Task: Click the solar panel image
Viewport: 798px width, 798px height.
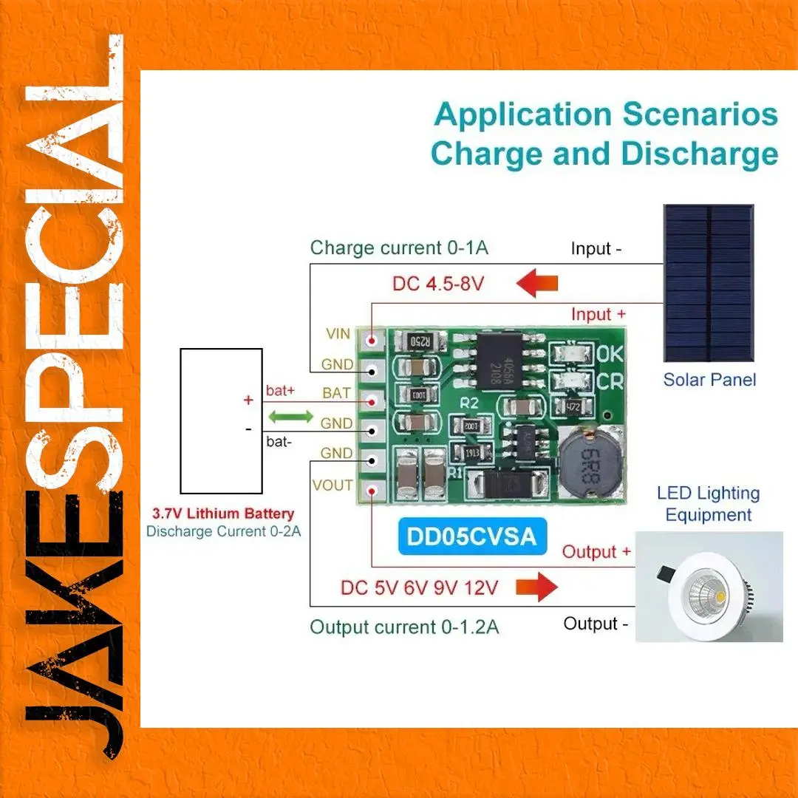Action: coord(708,283)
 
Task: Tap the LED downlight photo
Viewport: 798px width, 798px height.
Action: coord(709,587)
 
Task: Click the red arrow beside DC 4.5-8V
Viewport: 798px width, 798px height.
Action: coord(536,283)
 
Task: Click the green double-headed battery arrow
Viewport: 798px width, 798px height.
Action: coord(290,417)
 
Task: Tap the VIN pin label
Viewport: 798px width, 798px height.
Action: coord(338,334)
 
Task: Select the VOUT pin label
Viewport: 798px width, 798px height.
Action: coord(332,485)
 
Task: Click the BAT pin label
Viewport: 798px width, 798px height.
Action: coord(336,393)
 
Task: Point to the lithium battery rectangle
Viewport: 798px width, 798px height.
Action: coord(222,420)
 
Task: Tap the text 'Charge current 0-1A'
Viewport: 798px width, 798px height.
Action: coord(399,248)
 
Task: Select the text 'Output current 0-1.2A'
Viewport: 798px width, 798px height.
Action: coord(404,627)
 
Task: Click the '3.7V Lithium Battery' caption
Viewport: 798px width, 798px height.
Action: coord(223,514)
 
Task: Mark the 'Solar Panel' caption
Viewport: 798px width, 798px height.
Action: coord(709,380)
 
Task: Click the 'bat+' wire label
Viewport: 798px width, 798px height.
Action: coord(279,389)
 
